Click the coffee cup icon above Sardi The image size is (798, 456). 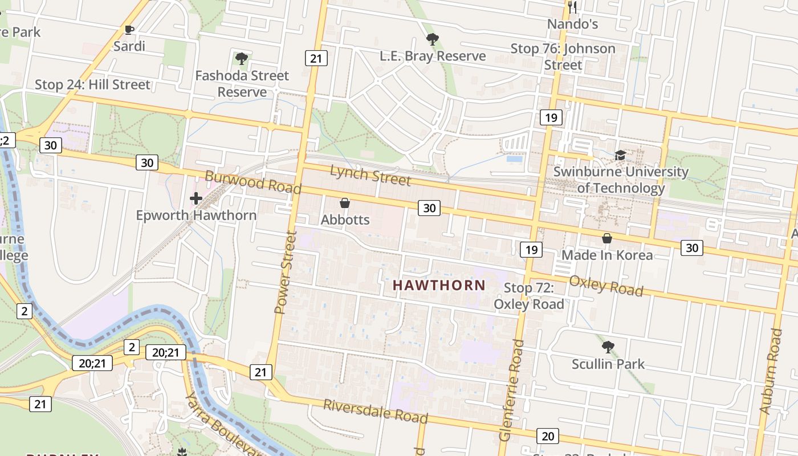129,30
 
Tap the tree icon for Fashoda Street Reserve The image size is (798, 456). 242,58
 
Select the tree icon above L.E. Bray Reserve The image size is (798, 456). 433,39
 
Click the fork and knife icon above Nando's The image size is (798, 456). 573,7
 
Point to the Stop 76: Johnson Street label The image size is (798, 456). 563,56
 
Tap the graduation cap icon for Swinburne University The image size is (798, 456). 620,155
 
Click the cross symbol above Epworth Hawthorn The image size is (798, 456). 196,198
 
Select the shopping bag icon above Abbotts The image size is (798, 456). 345,203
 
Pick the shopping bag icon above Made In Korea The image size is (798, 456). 607,238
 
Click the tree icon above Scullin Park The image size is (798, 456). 608,347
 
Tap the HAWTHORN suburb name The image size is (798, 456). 439,285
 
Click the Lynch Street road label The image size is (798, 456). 370,174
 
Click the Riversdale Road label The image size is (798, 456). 376,410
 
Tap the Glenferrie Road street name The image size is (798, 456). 511,390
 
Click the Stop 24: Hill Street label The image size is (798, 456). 92,85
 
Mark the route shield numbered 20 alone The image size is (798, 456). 547,436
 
